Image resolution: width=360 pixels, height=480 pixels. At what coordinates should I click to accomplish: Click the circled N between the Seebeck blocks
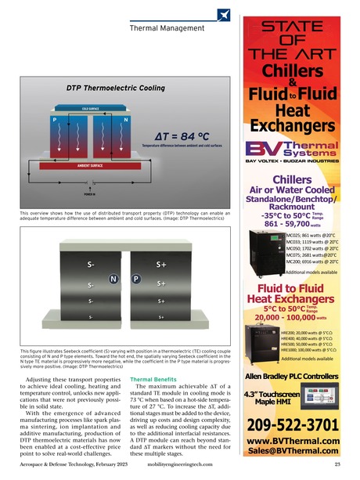pyautogui.click(x=113, y=278)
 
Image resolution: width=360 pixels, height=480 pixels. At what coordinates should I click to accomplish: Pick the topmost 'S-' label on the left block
pyautogui.click(x=92, y=265)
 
